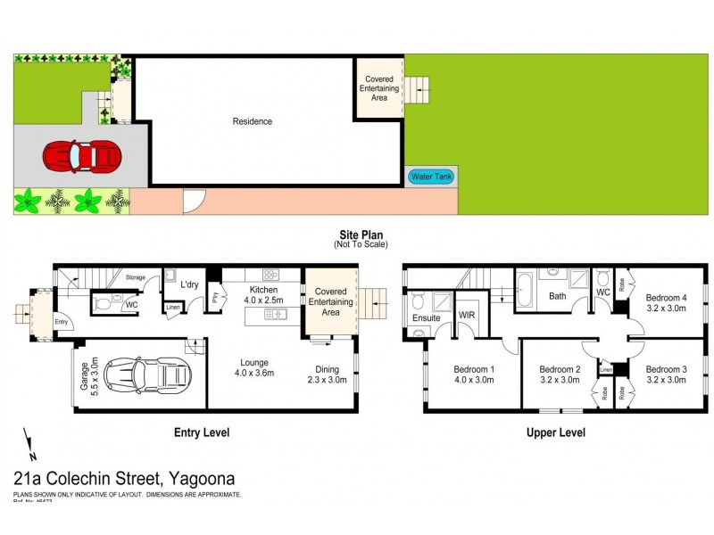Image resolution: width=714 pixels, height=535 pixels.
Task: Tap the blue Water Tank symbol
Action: [431, 177]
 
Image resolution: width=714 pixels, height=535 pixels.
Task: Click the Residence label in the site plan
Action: [252, 121]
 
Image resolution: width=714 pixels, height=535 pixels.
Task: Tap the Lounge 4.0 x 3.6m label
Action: [251, 367]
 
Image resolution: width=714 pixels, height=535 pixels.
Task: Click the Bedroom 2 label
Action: [560, 374]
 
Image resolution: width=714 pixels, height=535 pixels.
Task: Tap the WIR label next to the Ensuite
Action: [466, 315]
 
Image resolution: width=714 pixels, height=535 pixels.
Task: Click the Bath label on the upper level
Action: [557, 296]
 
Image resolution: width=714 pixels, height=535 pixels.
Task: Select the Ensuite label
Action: [427, 317]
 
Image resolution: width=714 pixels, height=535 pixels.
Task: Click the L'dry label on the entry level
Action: [189, 284]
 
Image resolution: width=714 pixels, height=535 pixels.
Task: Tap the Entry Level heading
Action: [201, 432]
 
